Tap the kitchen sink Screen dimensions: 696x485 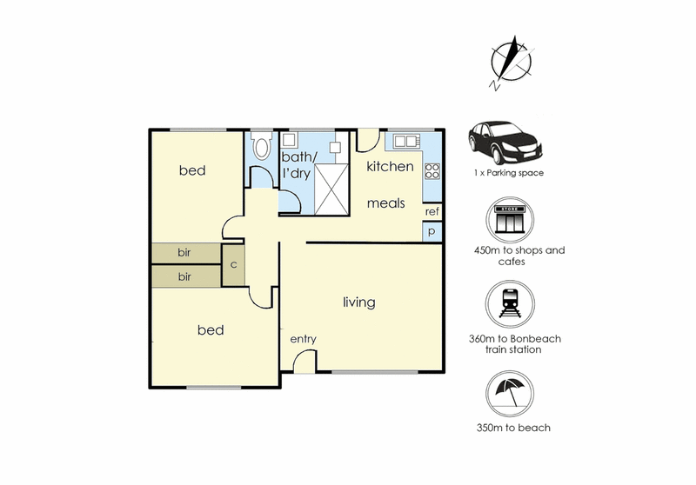click(405, 141)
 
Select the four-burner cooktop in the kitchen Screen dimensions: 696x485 click(432, 171)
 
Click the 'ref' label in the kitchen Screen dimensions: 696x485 click(432, 212)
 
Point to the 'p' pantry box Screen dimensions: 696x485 click(432, 231)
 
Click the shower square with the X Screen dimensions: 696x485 click(331, 189)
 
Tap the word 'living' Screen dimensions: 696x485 click(359, 302)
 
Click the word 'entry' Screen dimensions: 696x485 click(303, 339)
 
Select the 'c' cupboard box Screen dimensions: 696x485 click(233, 265)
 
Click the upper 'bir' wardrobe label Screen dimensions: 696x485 click(184, 252)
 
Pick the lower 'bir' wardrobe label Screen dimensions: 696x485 click(184, 276)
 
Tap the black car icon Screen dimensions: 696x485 click(505, 143)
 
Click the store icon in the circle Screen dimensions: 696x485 click(510, 220)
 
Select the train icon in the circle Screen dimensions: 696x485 click(510, 304)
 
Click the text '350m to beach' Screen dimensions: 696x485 click(513, 428)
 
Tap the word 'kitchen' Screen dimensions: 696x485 click(390, 166)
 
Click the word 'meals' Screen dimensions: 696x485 click(385, 203)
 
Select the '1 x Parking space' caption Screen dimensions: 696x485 click(509, 173)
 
